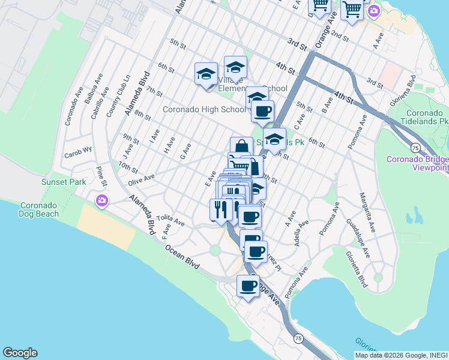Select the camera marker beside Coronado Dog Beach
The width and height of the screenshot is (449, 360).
click(x=101, y=200)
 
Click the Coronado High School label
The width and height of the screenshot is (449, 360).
click(x=204, y=110)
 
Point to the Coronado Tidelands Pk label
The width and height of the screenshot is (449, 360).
click(x=427, y=117)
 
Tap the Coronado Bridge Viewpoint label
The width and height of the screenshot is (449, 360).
click(x=417, y=163)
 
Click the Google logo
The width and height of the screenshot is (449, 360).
click(x=20, y=353)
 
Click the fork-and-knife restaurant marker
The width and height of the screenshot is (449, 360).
click(x=221, y=210)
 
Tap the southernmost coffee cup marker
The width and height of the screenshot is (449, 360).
click(x=248, y=287)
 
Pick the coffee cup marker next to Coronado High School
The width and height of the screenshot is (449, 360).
click(x=262, y=112)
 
